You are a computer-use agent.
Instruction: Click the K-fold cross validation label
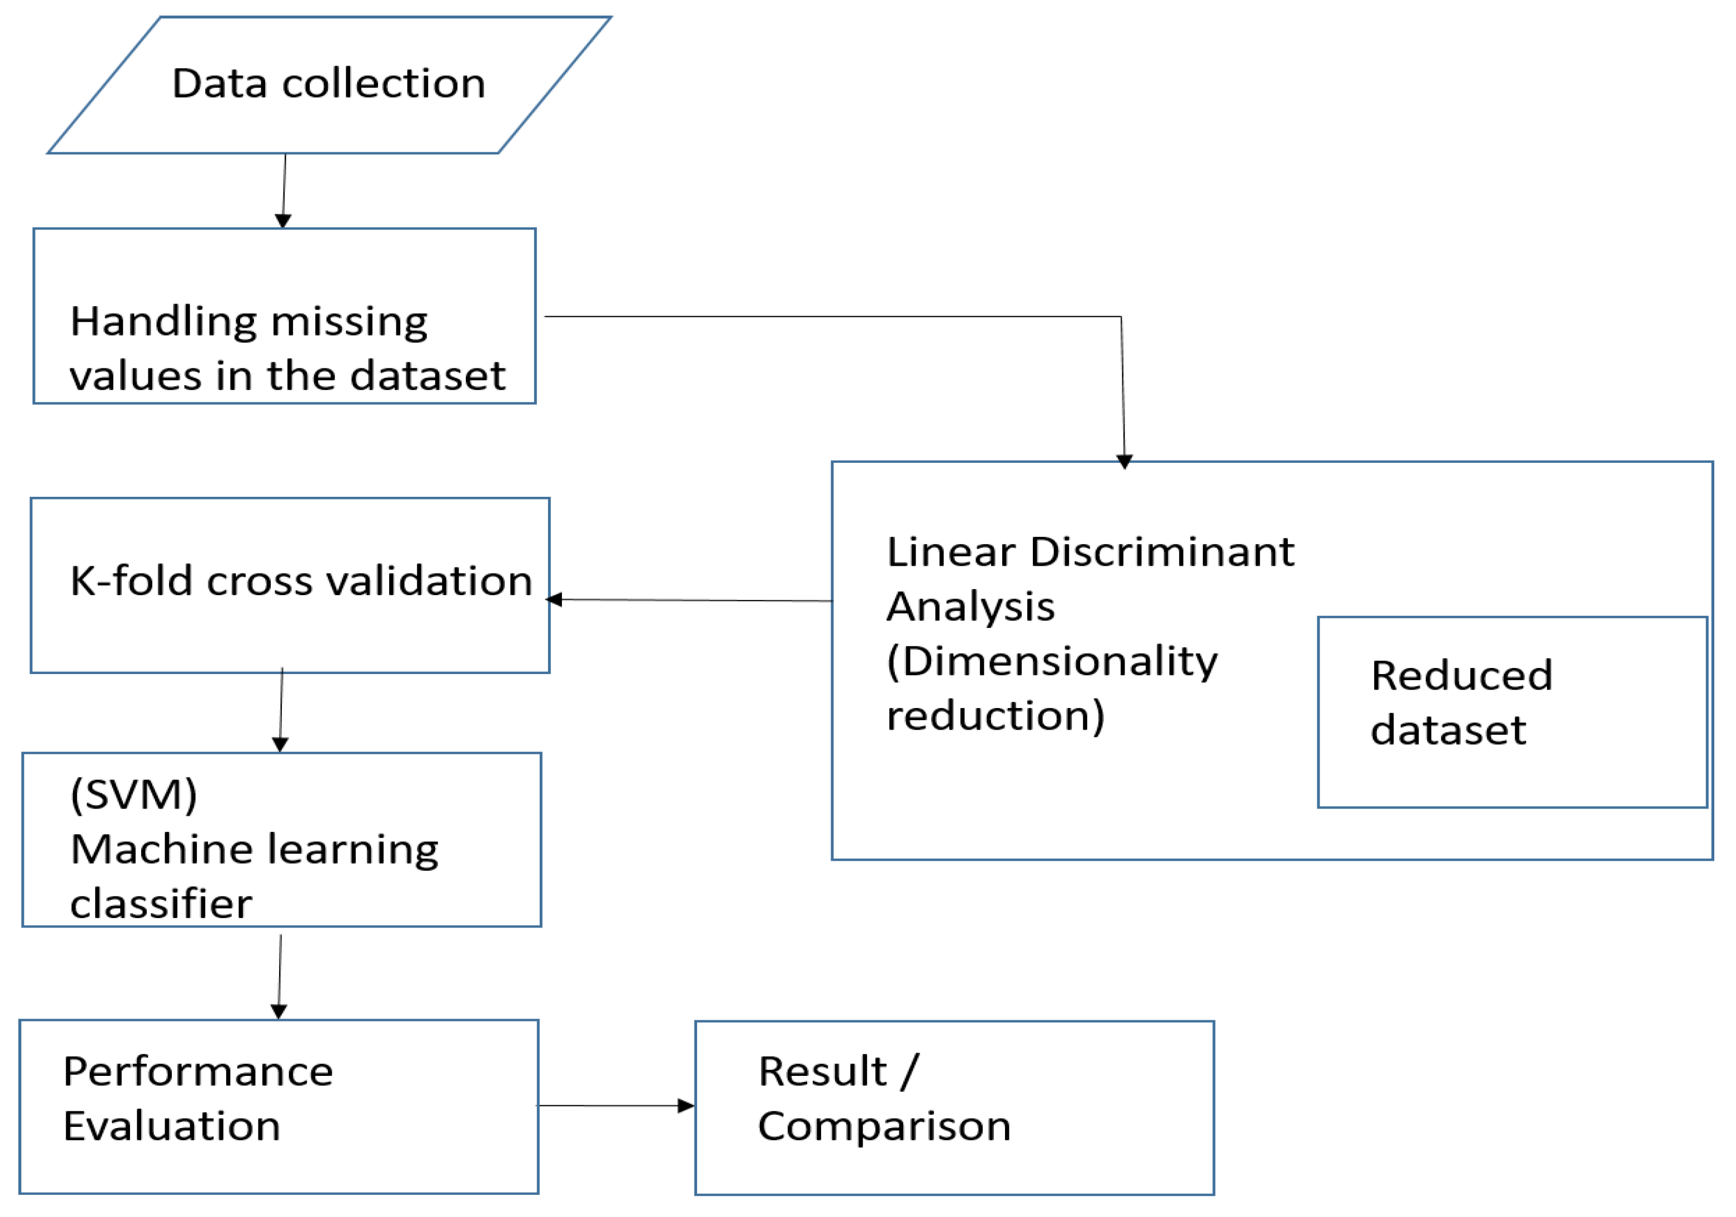point(301,581)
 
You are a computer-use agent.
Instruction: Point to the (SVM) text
point(134,795)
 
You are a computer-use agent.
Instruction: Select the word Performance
point(198,1072)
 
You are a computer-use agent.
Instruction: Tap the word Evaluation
point(172,1126)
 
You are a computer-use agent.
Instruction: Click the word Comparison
point(884,1126)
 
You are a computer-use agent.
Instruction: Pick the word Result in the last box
point(822,1072)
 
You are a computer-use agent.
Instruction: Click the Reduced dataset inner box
point(1512,764)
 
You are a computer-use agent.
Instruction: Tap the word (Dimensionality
point(1052,661)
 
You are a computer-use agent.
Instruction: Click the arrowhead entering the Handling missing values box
point(283,221)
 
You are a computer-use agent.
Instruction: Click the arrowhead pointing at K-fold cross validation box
point(554,600)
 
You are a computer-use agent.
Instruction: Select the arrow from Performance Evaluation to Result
point(614,1106)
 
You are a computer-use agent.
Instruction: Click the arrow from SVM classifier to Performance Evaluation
point(280,976)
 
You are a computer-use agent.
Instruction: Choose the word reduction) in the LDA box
point(995,716)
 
